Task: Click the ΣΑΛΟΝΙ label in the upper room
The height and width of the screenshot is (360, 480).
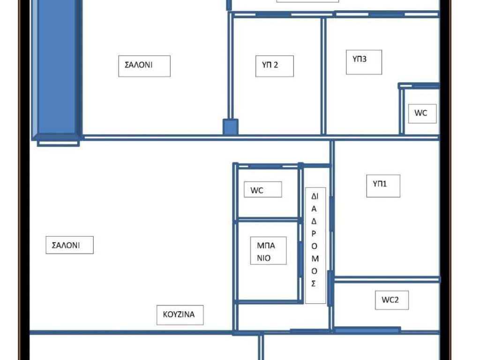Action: (x=138, y=65)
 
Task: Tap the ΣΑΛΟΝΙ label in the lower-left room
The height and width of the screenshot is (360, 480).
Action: (x=66, y=245)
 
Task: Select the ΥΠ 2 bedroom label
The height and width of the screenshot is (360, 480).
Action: (x=270, y=65)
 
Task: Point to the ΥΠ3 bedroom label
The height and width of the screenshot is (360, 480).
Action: (x=360, y=59)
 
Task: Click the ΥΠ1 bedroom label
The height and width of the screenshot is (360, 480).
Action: (x=380, y=184)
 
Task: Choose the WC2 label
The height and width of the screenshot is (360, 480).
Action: (x=390, y=300)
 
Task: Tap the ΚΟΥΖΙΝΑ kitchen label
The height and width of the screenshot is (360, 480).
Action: (x=179, y=315)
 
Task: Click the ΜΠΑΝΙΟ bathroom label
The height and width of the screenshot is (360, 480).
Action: (x=266, y=252)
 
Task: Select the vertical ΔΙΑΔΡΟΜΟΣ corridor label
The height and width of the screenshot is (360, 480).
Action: (x=315, y=240)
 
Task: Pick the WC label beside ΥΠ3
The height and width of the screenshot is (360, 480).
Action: (x=420, y=112)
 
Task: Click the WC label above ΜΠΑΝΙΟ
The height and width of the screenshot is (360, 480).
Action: (x=256, y=190)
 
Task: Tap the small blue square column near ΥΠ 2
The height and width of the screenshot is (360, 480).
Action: (x=231, y=127)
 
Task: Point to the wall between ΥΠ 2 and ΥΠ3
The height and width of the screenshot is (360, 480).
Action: (x=323, y=76)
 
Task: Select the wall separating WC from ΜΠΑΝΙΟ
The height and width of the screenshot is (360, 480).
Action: (x=267, y=219)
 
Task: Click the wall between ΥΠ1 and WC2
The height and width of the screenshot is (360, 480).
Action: (x=387, y=279)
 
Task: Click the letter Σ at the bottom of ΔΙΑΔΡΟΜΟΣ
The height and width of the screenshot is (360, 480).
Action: (x=314, y=284)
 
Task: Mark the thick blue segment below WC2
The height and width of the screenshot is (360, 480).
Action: (x=367, y=330)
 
